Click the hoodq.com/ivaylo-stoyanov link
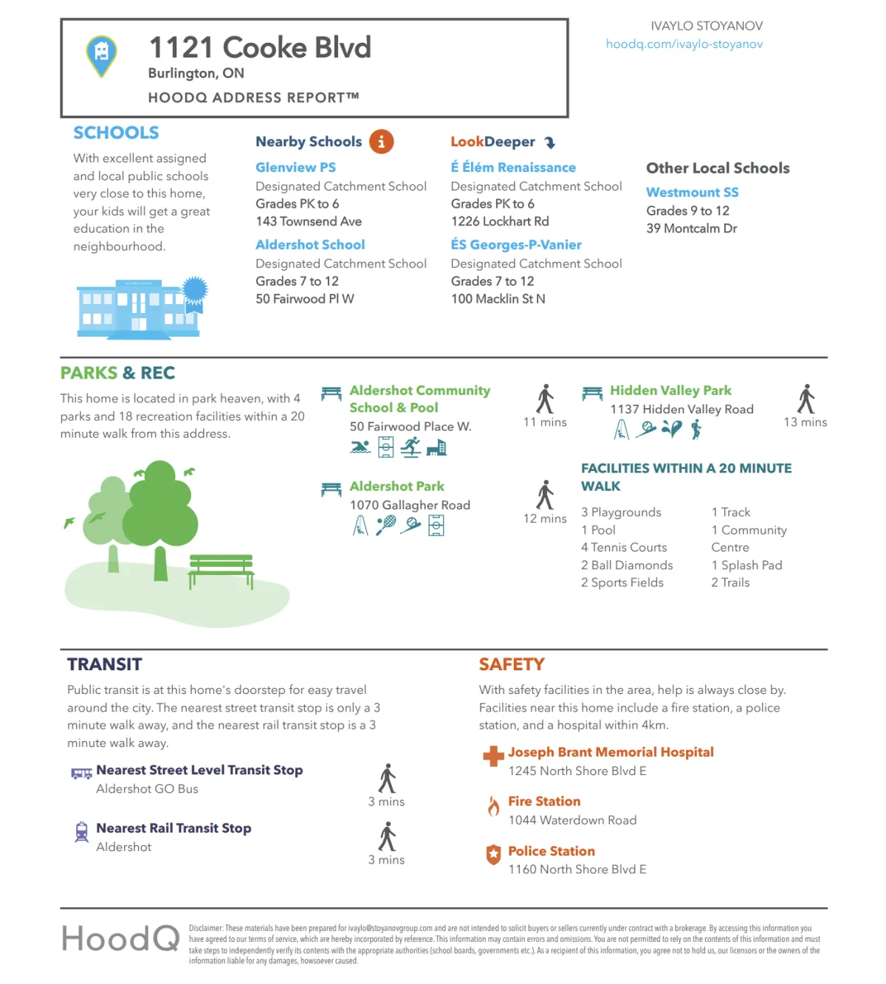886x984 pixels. tap(684, 44)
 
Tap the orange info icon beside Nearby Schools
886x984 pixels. tap(381, 142)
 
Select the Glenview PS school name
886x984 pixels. tap(295, 168)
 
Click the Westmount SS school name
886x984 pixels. tap(692, 193)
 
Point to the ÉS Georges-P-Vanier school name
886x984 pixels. tap(516, 245)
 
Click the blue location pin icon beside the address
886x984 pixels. tap(102, 55)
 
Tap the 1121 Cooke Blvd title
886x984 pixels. tap(260, 48)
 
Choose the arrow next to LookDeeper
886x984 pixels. tap(550, 142)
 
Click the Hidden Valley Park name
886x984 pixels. tap(670, 390)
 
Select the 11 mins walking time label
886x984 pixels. tap(545, 422)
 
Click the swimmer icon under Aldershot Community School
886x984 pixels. tap(360, 447)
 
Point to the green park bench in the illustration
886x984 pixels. tap(221, 569)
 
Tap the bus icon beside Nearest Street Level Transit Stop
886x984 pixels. tap(81, 773)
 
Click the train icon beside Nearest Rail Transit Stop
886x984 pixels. tap(81, 832)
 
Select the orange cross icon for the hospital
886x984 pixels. tap(492, 756)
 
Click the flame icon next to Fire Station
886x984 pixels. tap(493, 806)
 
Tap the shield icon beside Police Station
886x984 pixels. tap(493, 855)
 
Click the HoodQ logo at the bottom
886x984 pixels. tap(120, 939)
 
